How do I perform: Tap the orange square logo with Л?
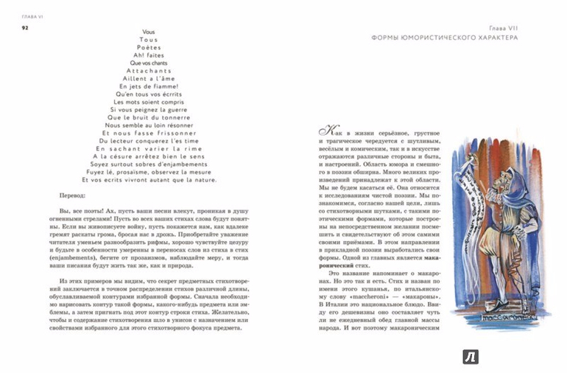[x=470, y=356]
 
